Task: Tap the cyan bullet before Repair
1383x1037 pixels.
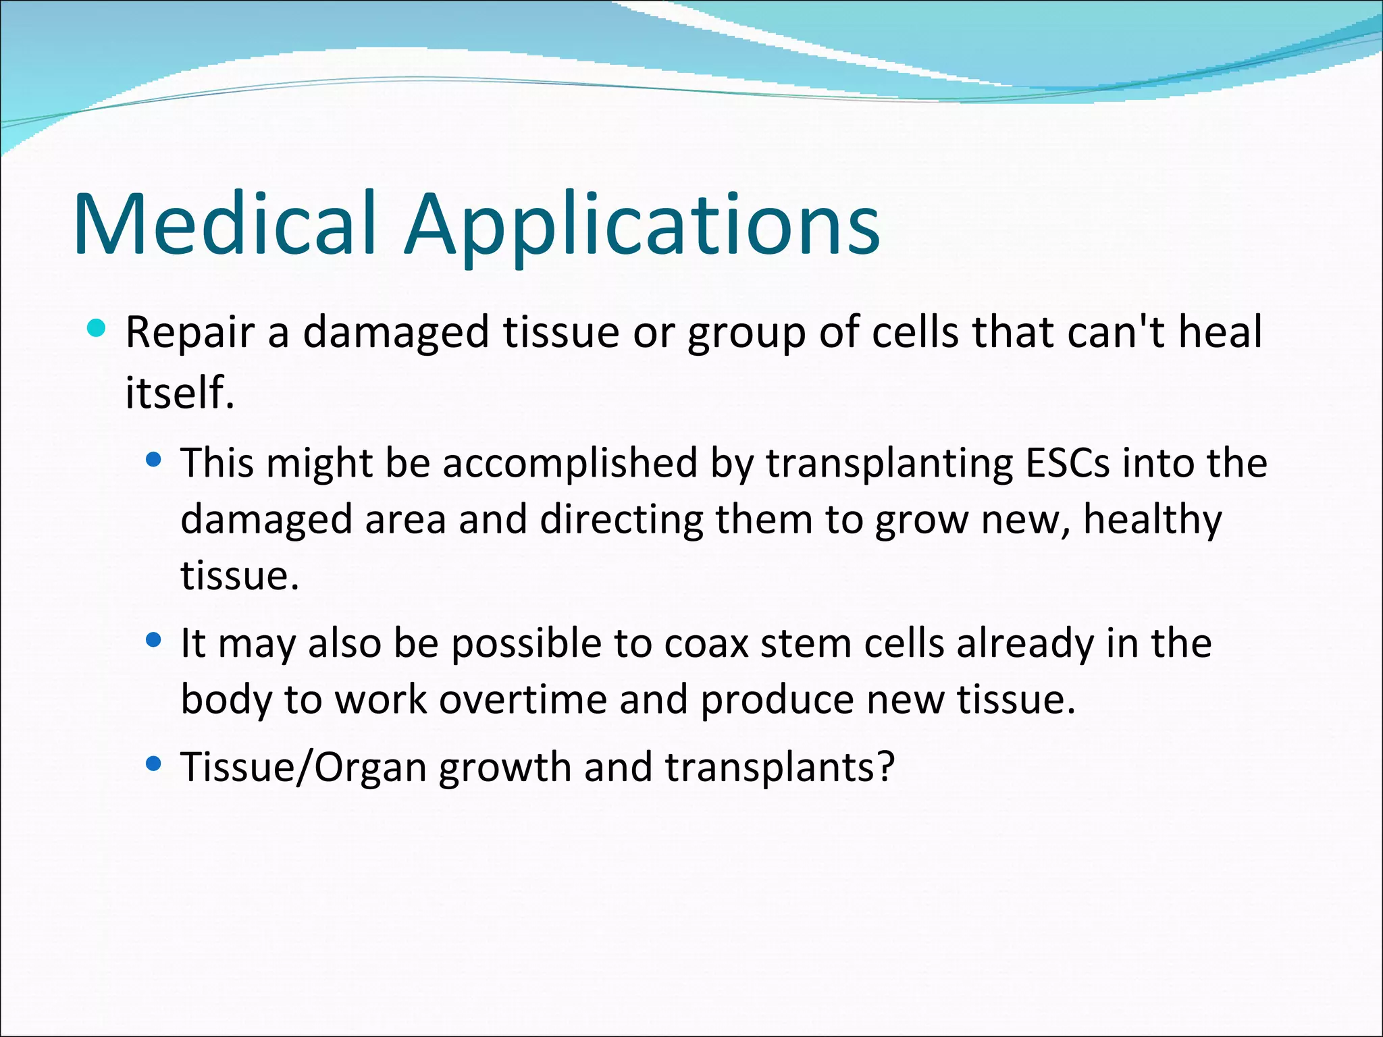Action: (x=97, y=329)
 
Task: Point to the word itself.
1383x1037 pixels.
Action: (x=180, y=392)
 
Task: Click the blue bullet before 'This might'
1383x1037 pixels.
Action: (x=154, y=460)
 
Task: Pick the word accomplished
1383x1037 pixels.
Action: (x=570, y=464)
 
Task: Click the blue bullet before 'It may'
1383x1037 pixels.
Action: (x=154, y=640)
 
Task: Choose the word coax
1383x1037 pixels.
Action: (x=706, y=644)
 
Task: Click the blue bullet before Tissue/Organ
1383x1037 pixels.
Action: (x=154, y=764)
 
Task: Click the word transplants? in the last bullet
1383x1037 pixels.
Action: (x=780, y=768)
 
